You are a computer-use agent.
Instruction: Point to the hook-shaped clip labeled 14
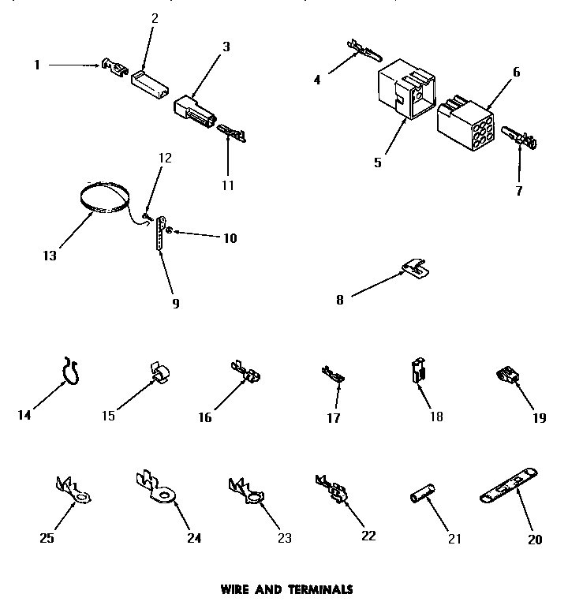[73, 371]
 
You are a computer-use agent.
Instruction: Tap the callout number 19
[539, 418]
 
